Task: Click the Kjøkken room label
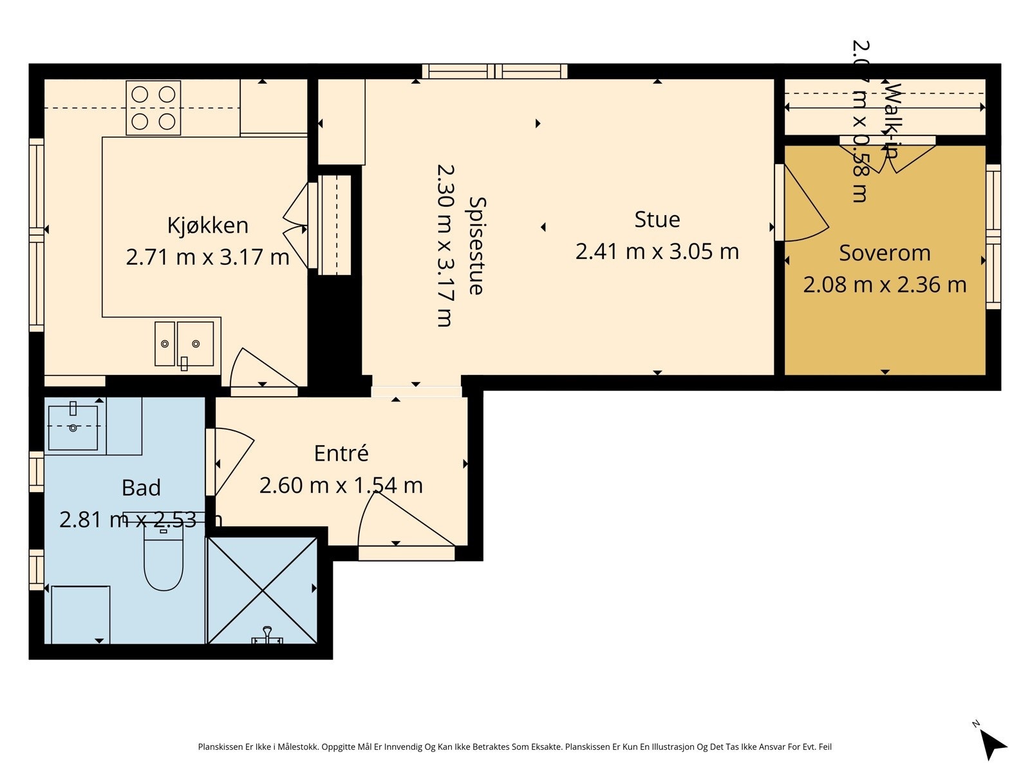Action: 207,225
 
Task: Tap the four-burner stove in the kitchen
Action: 153,108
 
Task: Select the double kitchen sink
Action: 184,344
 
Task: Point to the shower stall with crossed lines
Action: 262,590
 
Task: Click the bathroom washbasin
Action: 73,426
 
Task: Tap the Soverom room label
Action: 885,253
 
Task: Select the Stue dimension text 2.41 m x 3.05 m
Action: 657,251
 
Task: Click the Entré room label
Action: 341,453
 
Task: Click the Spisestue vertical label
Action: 476,245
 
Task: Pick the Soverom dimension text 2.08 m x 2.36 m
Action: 885,285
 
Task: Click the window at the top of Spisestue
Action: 494,71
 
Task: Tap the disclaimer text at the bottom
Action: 514,747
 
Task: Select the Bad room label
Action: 141,488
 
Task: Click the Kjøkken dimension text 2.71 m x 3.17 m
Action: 207,257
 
